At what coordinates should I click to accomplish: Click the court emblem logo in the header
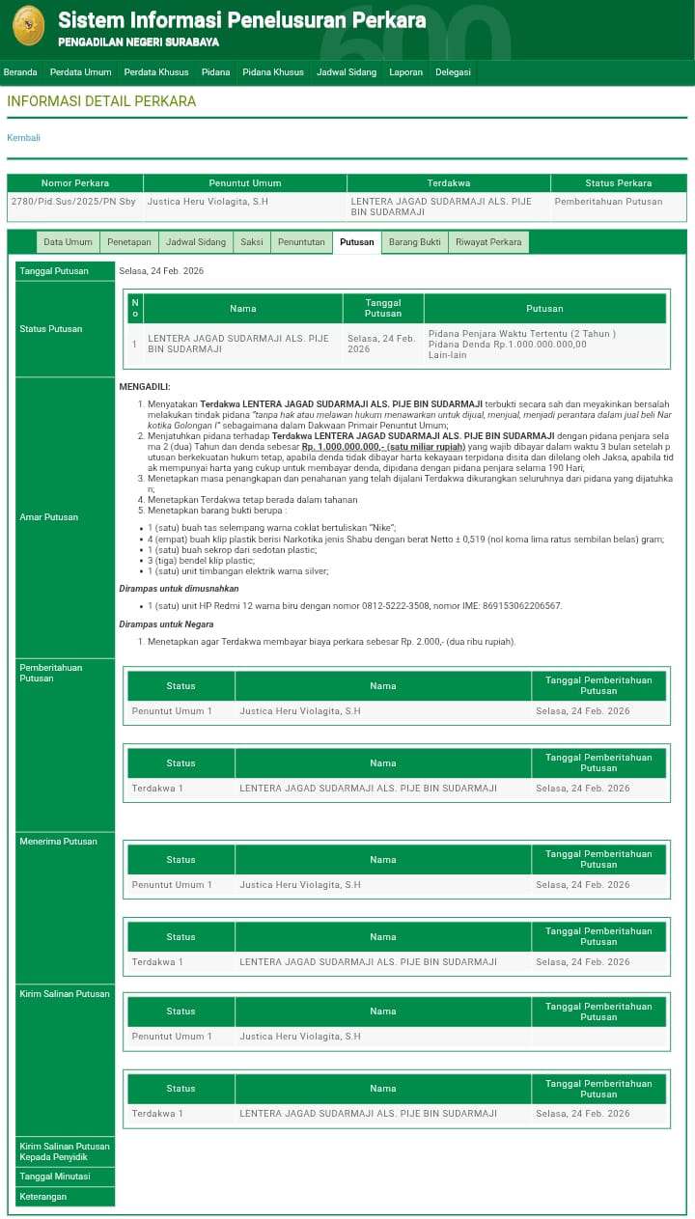click(28, 25)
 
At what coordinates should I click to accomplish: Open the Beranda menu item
click(20, 72)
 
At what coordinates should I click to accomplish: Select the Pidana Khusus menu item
click(273, 72)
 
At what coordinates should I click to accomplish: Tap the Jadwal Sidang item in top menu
click(347, 72)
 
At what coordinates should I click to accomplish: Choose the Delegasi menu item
click(453, 72)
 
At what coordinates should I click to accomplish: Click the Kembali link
click(24, 138)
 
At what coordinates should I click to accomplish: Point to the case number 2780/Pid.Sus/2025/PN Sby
click(73, 202)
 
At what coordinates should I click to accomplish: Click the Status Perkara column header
click(618, 183)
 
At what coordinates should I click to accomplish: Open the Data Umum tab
click(68, 242)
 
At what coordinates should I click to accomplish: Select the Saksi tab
click(252, 242)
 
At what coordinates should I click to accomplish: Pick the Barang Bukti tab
click(415, 242)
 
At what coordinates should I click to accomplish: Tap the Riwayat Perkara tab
click(488, 242)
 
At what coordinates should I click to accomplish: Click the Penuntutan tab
click(301, 242)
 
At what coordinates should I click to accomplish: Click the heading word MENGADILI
click(145, 387)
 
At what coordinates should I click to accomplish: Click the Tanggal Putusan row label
click(54, 271)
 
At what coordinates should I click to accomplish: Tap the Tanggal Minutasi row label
click(55, 1177)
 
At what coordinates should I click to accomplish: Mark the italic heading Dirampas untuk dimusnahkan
click(179, 588)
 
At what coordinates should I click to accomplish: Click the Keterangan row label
click(43, 1197)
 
